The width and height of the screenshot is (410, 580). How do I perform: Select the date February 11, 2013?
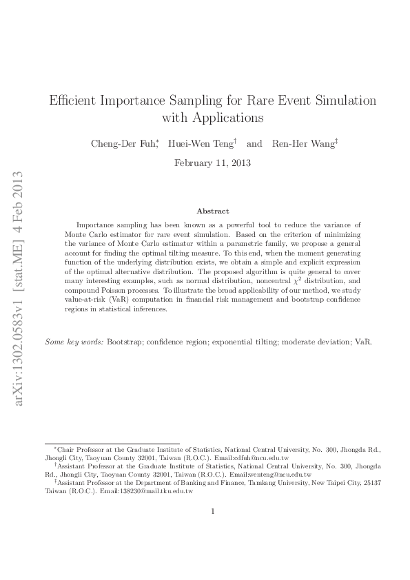[x=212, y=163]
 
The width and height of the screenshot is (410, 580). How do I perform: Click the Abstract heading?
[x=212, y=211]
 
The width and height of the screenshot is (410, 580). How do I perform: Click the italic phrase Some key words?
[x=74, y=342]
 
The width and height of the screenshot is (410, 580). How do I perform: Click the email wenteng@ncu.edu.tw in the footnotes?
[x=281, y=475]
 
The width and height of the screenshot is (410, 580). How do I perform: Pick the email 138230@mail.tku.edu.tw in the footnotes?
[x=147, y=492]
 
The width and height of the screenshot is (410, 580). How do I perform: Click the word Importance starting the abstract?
[x=95, y=225]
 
